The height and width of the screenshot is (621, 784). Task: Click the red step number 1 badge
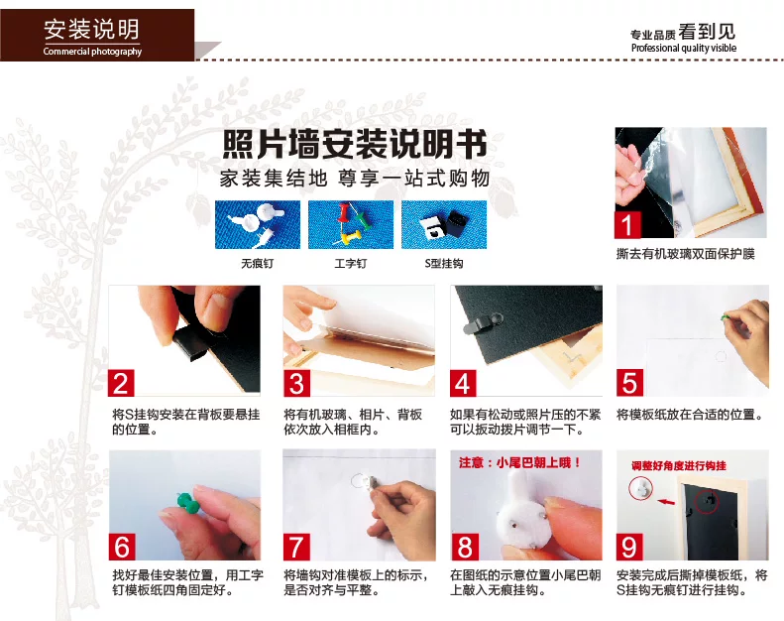tap(627, 224)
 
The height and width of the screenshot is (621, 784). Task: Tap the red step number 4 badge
tap(463, 383)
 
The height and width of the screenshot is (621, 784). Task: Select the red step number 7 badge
tap(296, 547)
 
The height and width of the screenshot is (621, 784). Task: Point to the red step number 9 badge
tap(629, 547)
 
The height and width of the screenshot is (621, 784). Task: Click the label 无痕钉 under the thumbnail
tap(257, 263)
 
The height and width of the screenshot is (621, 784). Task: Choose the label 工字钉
tap(351, 263)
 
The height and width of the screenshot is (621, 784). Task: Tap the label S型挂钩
tap(443, 263)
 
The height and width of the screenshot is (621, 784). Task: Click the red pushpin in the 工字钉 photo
tap(344, 212)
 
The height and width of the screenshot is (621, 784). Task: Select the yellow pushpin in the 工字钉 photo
tap(351, 239)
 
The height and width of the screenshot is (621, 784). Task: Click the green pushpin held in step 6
tap(187, 503)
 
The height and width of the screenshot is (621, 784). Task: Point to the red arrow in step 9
tap(665, 501)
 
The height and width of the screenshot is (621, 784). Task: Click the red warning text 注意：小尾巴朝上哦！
tap(519, 462)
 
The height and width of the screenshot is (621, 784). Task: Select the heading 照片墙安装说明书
tap(355, 144)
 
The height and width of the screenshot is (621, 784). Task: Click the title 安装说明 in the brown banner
tap(91, 29)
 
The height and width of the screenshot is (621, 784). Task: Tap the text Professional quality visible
tap(684, 48)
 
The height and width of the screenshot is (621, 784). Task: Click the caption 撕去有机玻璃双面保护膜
tap(686, 254)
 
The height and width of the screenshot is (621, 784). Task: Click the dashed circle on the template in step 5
tap(721, 356)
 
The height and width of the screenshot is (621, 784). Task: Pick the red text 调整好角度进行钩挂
tap(679, 466)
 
